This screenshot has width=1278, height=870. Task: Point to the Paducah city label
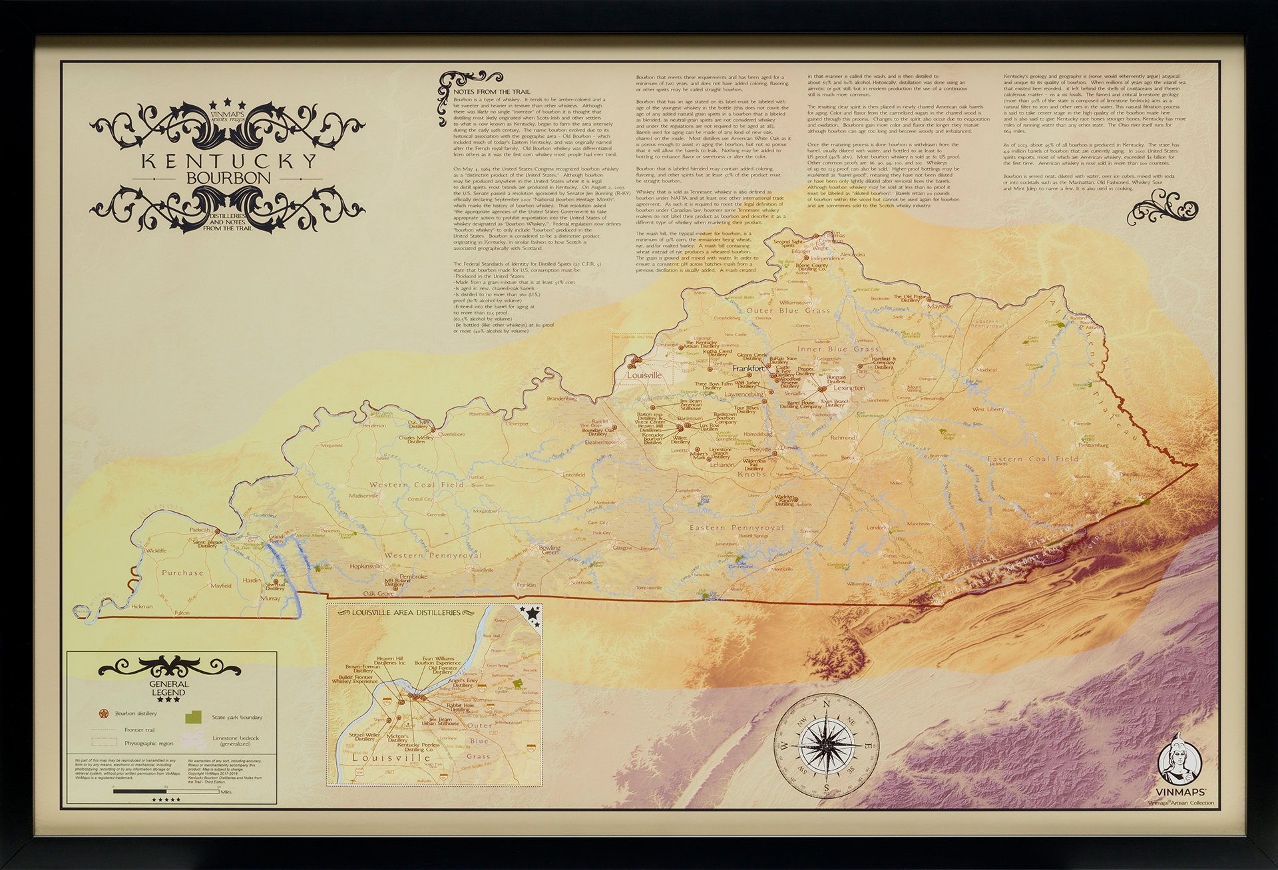(x=200, y=530)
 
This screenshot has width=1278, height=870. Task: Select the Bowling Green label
(x=548, y=550)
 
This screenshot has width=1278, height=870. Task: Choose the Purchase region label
(x=182, y=572)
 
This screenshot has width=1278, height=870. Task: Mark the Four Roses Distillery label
(x=746, y=411)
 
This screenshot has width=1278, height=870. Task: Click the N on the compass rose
(x=827, y=703)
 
